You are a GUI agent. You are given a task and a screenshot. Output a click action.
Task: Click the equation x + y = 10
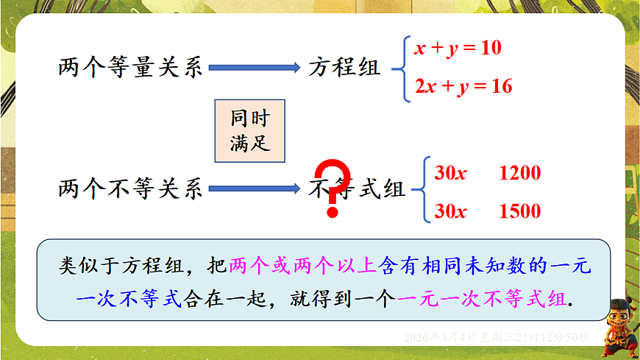coord(458,49)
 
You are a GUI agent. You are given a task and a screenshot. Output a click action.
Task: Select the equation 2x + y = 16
coord(463,86)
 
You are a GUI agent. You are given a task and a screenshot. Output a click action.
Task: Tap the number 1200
coord(519,174)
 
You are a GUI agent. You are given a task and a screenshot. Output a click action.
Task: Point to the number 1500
coord(519,211)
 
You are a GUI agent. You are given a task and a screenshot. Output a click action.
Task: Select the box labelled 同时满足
coord(250,131)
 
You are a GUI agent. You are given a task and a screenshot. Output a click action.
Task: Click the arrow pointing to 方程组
coord(255,68)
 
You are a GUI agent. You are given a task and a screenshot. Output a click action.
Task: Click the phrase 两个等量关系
coord(130,68)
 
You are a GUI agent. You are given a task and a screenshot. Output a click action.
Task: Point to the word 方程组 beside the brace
coord(345,68)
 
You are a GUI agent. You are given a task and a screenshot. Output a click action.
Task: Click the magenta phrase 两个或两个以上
coord(302,266)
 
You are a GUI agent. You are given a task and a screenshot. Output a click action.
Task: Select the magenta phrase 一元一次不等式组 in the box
coord(481,300)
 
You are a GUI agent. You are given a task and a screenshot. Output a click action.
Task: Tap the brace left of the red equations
coord(400,68)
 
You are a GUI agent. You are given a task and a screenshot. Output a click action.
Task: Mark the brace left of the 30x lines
coord(422,191)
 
